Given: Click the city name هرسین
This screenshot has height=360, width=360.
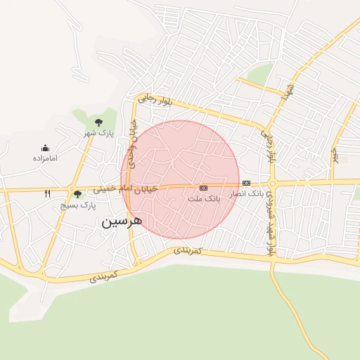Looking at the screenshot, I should point(122,221).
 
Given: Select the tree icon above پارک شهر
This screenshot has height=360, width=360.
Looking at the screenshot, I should point(98,122).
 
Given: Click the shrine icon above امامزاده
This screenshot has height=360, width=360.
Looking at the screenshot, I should point(45,148).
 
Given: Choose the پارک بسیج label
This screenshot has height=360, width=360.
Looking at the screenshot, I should point(77,205).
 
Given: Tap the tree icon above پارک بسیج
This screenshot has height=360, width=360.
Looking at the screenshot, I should point(77,194).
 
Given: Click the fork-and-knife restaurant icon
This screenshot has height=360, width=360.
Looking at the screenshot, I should point(47,193).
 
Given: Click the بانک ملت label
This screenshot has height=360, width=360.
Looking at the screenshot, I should point(204,199).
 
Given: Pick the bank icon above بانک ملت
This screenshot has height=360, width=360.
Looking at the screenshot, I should point(203,188).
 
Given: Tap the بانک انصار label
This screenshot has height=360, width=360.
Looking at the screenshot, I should point(246,193).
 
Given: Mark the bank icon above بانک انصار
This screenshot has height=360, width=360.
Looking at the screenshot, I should point(246,183).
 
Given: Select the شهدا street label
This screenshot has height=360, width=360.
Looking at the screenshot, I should point(288,90).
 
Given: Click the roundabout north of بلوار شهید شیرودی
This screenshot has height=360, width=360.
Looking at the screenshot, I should point(273,184).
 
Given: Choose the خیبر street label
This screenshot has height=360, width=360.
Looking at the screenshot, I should point(335,154).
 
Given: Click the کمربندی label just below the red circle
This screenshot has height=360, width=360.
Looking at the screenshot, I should point(188,250).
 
